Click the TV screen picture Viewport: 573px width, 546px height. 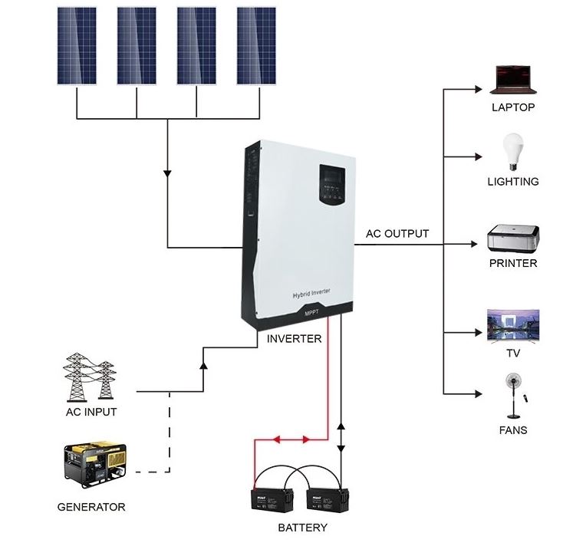click(513, 326)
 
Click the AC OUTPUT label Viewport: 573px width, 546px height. click(397, 234)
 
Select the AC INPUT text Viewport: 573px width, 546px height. click(91, 412)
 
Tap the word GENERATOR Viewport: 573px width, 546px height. click(91, 507)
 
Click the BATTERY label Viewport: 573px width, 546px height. click(302, 528)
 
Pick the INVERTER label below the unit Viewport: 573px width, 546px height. click(294, 338)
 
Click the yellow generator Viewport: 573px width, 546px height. click(94, 465)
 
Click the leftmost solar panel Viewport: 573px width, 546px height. click(77, 46)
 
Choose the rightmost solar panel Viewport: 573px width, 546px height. click(256, 46)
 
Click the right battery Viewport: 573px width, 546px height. click(328, 502)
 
